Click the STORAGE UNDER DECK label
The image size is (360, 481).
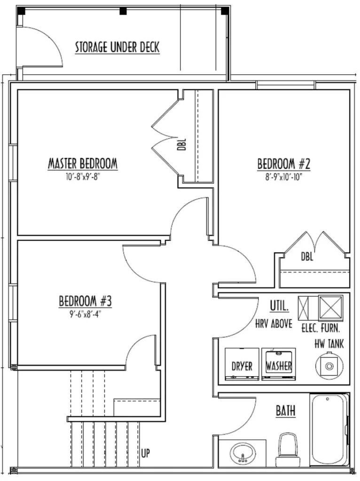[x=117, y=47]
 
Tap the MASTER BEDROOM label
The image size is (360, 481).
[x=83, y=163]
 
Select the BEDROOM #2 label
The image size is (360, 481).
[x=284, y=163]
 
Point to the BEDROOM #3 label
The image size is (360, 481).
[x=86, y=301]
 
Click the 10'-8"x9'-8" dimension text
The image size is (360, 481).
[x=83, y=177]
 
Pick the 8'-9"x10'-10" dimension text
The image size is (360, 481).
[x=284, y=177]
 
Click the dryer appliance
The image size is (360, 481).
[x=242, y=364]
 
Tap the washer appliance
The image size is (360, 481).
[x=279, y=364]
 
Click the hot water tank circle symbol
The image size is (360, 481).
[x=329, y=366]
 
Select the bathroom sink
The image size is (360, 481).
[x=243, y=454]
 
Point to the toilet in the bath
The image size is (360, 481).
[x=287, y=450]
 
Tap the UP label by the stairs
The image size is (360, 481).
[x=146, y=453]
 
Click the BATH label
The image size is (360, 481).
[x=285, y=411]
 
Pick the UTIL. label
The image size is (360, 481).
[x=279, y=305]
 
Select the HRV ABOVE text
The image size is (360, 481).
[x=274, y=324]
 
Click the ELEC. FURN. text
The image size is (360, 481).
[x=321, y=328]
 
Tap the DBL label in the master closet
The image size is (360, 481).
[x=182, y=144]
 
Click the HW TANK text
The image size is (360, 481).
[x=329, y=344]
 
